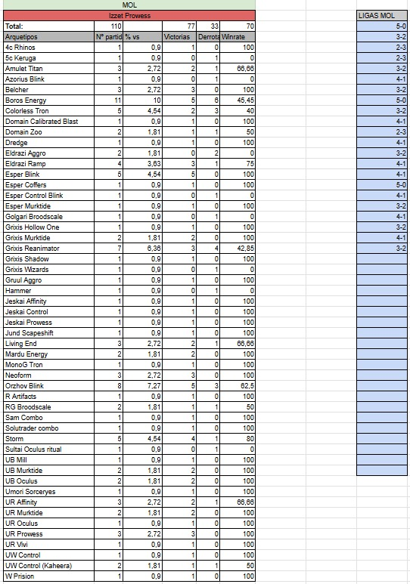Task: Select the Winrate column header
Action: (x=238, y=36)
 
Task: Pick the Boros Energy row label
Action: (x=26, y=100)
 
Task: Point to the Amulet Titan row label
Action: (x=26, y=68)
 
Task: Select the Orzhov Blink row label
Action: (x=24, y=385)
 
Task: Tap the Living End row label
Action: (x=21, y=343)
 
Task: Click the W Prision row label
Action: (x=20, y=576)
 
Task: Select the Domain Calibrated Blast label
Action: (x=42, y=121)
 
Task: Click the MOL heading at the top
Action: (x=129, y=5)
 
